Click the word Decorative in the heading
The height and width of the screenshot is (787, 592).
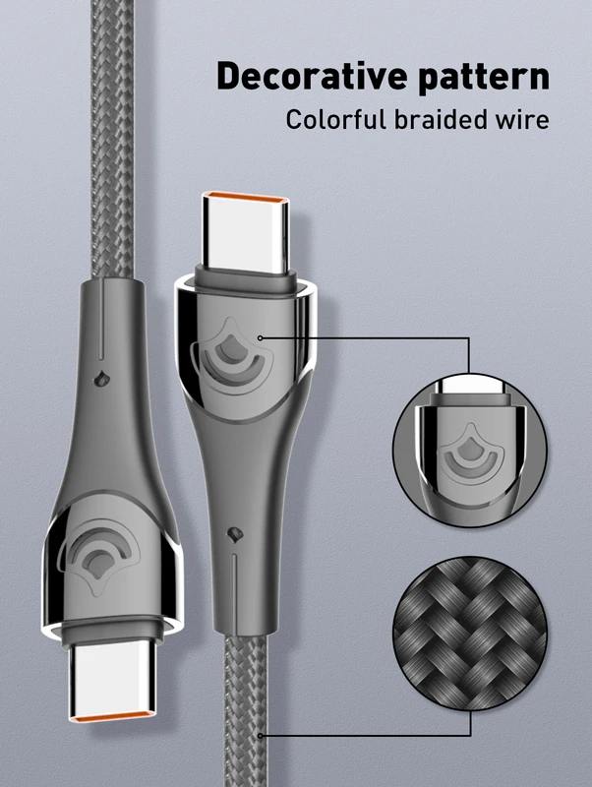(312, 76)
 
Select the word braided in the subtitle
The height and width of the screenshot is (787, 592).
(440, 119)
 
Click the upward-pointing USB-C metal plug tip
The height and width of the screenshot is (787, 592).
(246, 232)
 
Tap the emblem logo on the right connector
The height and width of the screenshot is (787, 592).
(231, 356)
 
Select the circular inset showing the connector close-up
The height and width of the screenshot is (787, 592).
(470, 451)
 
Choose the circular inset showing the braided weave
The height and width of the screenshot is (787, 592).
(470, 633)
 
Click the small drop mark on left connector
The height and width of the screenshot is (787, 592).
(102, 380)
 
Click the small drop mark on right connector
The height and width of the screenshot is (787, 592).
(234, 534)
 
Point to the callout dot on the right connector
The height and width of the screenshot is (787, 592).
(260, 337)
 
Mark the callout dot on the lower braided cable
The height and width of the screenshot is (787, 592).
(260, 736)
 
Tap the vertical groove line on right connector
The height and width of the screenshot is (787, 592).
(235, 593)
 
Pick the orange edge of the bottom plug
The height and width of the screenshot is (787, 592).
(112, 718)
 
